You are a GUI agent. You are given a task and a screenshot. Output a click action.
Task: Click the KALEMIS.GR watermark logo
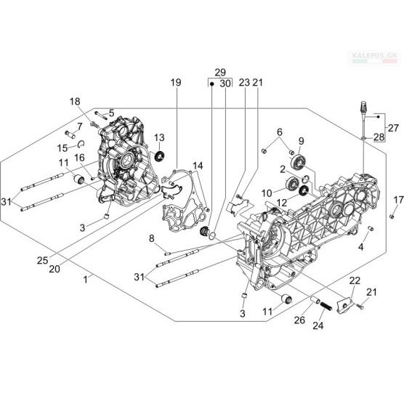click(376, 58)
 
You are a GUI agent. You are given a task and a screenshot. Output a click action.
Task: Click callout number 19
click(176, 83)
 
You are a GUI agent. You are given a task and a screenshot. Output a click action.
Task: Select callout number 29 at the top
click(220, 73)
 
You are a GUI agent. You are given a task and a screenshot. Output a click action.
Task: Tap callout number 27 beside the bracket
click(393, 128)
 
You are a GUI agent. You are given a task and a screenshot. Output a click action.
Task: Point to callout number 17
click(398, 200)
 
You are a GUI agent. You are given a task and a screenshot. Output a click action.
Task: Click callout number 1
click(86, 279)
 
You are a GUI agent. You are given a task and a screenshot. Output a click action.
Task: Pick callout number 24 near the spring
click(318, 326)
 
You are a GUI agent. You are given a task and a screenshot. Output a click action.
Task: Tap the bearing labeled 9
click(299, 161)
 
